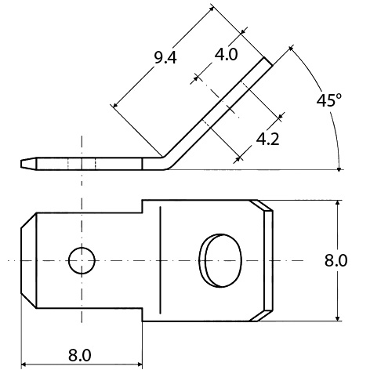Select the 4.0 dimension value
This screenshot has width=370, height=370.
point(227,54)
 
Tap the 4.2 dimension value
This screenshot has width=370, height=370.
point(267,139)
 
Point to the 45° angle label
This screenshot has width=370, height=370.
point(330,100)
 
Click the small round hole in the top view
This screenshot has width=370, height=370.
point(81,259)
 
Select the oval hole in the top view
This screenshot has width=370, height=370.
point(219,259)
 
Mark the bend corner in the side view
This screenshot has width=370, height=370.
point(162,160)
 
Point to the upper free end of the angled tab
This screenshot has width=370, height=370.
point(269,60)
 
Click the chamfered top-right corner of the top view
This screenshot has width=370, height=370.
point(265,205)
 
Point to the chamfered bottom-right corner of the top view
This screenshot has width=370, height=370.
point(265,315)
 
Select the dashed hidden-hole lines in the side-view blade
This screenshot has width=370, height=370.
point(81,164)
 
